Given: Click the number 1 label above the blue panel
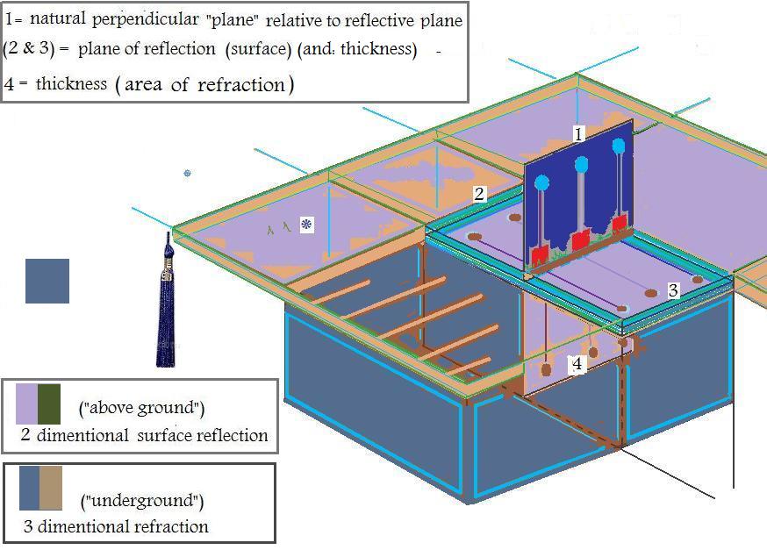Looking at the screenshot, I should click(578, 134).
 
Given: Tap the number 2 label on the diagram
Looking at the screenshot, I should click(479, 194).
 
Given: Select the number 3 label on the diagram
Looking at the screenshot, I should click(672, 290).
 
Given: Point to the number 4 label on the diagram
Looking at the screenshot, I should click(577, 364).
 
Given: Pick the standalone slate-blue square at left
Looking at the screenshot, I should click(47, 281).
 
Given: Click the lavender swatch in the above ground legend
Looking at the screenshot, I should click(26, 404).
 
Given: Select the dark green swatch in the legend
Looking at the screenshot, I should click(49, 404).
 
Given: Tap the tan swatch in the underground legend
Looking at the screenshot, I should click(52, 488).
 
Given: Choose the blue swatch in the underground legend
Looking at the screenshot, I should click(30, 488).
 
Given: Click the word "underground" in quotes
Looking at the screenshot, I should click(142, 501).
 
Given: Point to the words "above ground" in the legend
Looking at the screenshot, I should click(142, 408).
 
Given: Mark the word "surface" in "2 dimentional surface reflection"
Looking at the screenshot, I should click(173, 435).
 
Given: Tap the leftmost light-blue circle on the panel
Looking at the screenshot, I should click(541, 183).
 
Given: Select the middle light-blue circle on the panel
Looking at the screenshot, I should click(581, 164).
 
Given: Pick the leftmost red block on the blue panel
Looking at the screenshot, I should click(540, 255).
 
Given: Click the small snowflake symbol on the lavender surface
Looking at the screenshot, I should click(306, 225).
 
